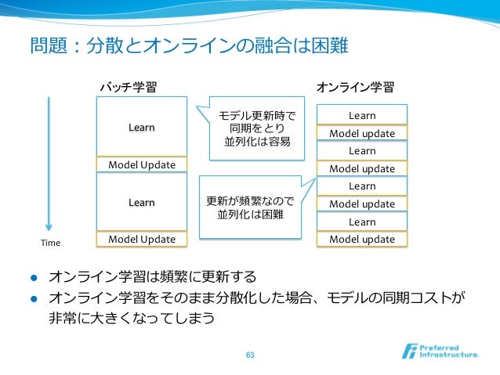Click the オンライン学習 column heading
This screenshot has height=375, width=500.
(x=354, y=86)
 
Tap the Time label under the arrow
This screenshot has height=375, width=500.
(x=50, y=243)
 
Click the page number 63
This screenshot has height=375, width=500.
(x=250, y=355)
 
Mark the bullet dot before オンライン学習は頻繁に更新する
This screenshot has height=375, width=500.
(x=34, y=278)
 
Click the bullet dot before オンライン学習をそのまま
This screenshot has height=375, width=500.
(x=34, y=298)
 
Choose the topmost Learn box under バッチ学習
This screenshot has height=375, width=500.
(x=142, y=127)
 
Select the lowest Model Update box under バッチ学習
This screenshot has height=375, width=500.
(x=142, y=239)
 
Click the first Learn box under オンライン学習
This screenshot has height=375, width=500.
(x=362, y=116)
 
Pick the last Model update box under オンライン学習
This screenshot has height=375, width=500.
(x=362, y=239)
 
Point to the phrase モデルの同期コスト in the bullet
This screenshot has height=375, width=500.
(x=390, y=298)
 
